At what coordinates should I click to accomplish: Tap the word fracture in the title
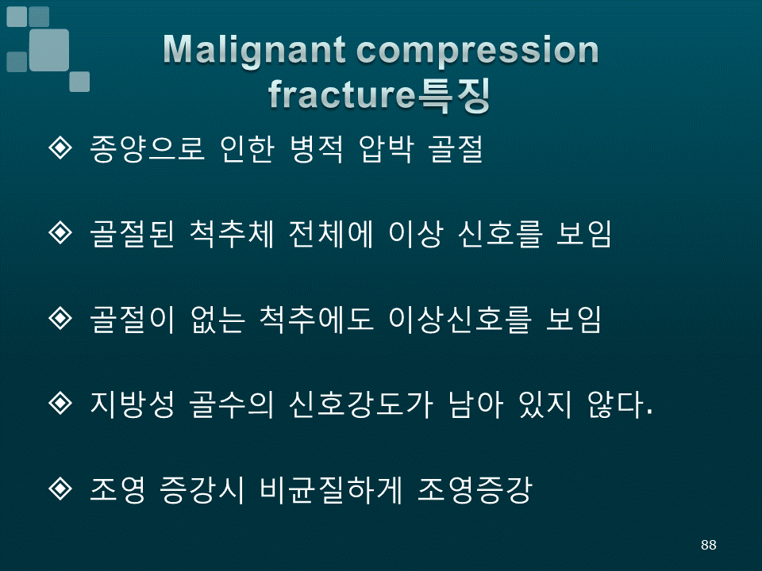341,94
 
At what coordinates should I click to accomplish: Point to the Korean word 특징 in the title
453,95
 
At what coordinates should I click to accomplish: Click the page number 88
709,545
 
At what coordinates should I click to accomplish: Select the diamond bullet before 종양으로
60,148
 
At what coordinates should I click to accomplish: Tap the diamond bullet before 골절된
60,232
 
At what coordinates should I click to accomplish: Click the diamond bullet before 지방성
60,403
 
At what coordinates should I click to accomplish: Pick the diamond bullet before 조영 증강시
60,488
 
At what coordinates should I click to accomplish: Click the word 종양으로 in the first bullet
147,148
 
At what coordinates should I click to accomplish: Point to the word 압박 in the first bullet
387,148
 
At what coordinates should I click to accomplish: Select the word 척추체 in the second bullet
231,234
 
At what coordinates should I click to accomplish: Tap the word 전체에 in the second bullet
331,234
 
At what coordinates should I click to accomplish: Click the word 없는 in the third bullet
217,319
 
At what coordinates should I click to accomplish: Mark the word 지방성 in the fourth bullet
133,404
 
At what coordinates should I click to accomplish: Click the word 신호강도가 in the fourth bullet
360,404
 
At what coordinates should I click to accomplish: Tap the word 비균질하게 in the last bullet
331,489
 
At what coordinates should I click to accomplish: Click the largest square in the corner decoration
48,50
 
